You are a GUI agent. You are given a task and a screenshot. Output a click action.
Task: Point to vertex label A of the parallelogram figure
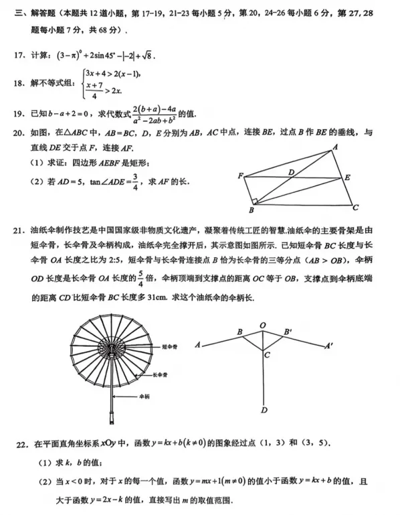334,147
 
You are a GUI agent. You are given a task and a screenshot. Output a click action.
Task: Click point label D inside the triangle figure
291,172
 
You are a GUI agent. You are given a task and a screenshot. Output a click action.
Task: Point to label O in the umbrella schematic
263,325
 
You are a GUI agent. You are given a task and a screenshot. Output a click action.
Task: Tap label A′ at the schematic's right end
328,346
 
